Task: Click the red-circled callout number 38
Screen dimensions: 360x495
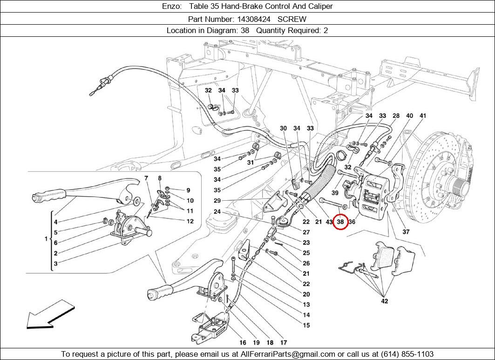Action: pyautogui.click(x=340, y=222)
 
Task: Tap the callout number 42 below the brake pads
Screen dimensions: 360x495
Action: pyautogui.click(x=384, y=301)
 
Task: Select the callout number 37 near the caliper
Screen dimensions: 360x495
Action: pyautogui.click(x=406, y=232)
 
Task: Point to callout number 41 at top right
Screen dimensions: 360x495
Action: pyautogui.click(x=423, y=116)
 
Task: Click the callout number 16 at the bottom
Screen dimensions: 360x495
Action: pyautogui.click(x=243, y=343)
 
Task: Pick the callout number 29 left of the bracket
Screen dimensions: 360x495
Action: pyautogui.click(x=217, y=201)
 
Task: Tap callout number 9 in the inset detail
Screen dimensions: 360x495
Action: pyautogui.click(x=188, y=190)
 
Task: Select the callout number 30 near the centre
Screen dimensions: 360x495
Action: pyautogui.click(x=283, y=129)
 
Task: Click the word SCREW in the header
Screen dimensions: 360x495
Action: pyautogui.click(x=292, y=19)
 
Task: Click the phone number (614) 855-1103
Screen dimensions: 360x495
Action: pyautogui.click(x=407, y=354)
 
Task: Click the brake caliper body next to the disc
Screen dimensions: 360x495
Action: pyautogui.click(x=373, y=196)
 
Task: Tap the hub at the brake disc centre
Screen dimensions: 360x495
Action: pyautogui.click(x=459, y=189)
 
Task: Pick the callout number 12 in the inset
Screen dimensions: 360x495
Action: pyautogui.click(x=190, y=222)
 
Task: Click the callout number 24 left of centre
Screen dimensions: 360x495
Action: pyautogui.click(x=217, y=212)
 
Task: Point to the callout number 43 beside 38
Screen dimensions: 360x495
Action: pyautogui.click(x=329, y=222)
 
